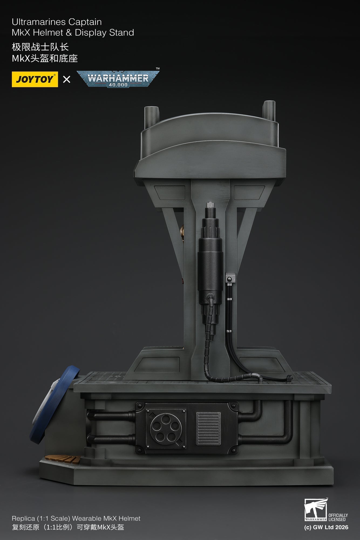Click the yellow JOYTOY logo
point(35,79)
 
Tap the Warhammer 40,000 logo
point(118,79)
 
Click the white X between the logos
point(67,79)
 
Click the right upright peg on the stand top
point(269,110)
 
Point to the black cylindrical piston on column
point(210,259)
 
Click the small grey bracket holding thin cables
point(230,278)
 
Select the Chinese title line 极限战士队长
point(40,47)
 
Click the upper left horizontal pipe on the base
point(111,415)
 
